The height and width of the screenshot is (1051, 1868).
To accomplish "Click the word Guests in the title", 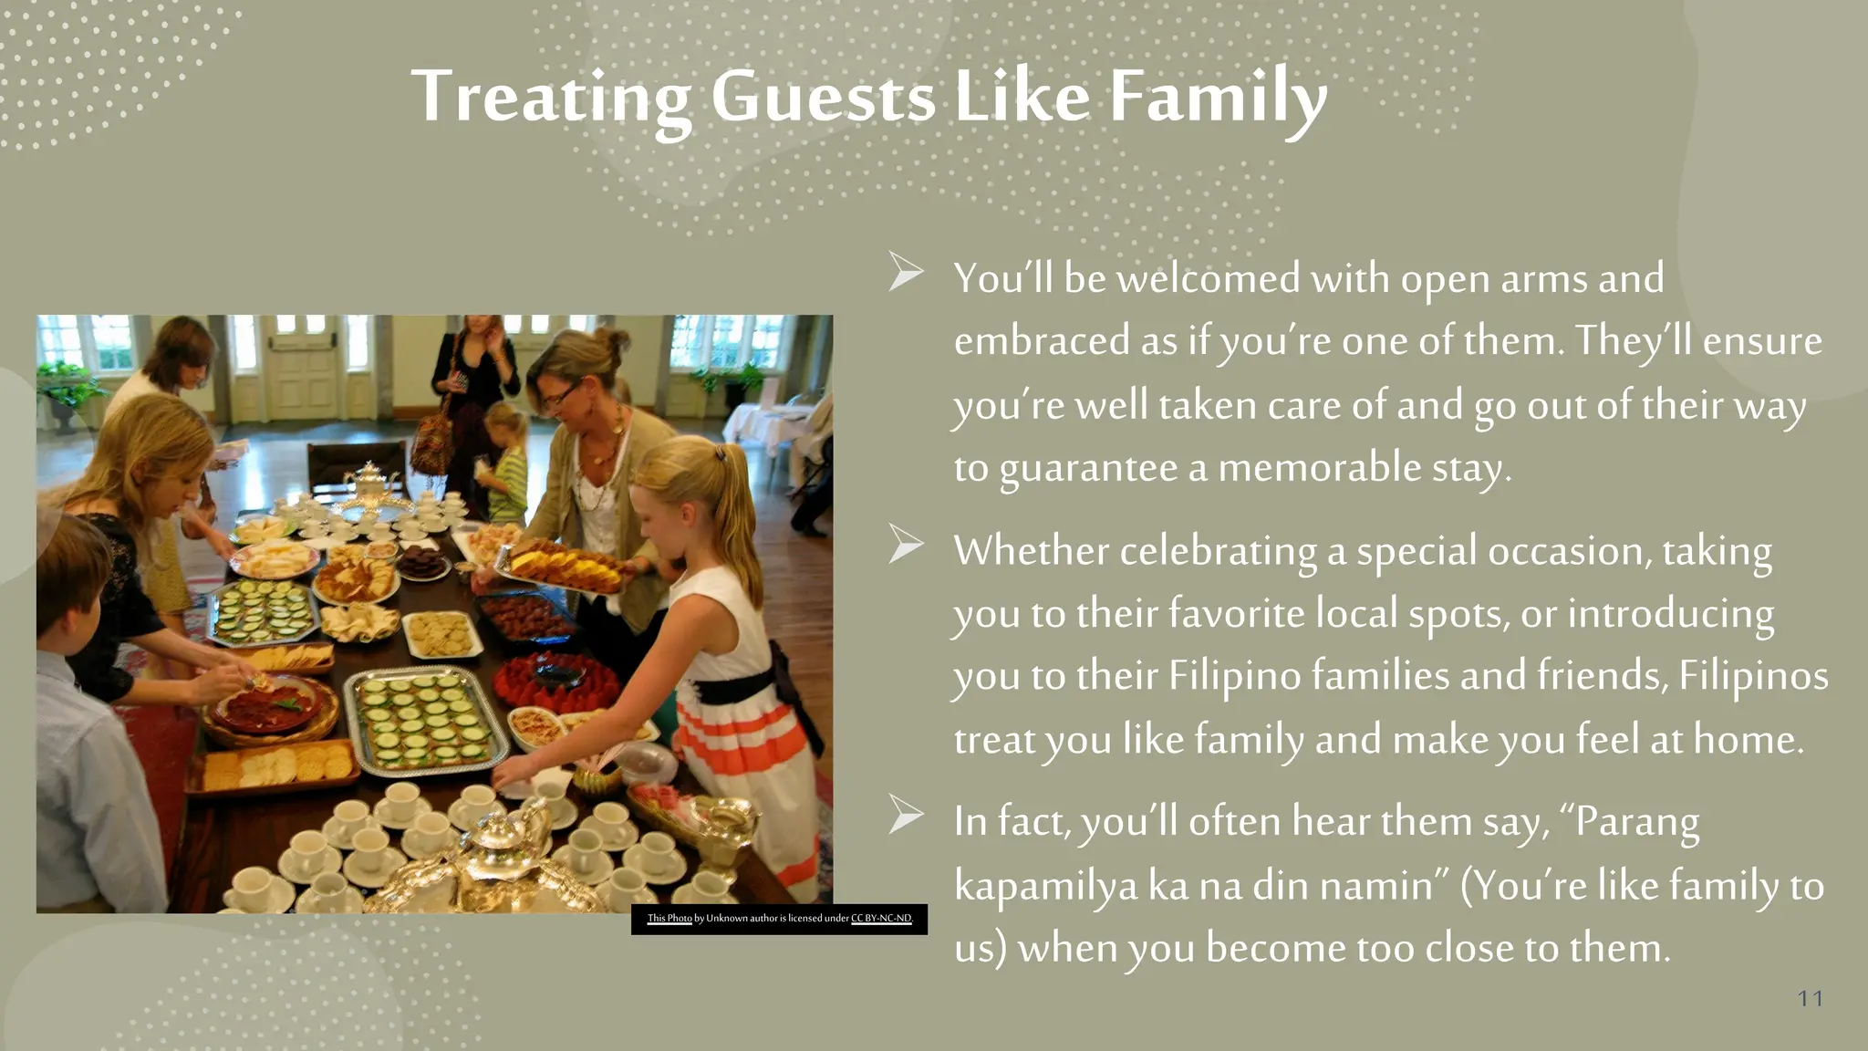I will [x=823, y=97].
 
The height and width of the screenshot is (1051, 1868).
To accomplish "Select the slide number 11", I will [x=1810, y=998].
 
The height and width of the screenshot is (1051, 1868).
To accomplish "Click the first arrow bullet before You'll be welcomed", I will [x=906, y=273].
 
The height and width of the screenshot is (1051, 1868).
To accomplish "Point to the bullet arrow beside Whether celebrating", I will [x=906, y=545].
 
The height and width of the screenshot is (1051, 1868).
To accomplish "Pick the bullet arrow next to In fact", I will [x=906, y=815].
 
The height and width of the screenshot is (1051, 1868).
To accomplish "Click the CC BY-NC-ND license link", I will [x=881, y=919].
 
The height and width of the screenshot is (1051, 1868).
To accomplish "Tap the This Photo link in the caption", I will [x=669, y=919].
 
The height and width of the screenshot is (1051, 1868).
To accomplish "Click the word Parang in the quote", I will [x=1636, y=822].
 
